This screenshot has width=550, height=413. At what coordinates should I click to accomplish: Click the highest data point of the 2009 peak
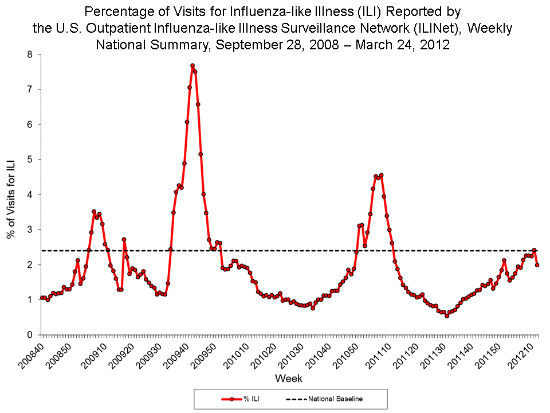tap(192, 65)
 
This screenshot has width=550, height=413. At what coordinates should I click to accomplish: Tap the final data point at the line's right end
tap(537, 264)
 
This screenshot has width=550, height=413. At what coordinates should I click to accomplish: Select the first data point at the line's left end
tap(41, 298)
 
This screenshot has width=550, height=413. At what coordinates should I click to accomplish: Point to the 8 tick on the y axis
tap(29, 54)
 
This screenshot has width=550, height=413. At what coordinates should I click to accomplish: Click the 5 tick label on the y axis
tap(29, 159)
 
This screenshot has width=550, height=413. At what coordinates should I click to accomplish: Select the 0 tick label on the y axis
tap(29, 334)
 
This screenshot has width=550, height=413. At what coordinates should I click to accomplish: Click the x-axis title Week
tap(288, 379)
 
